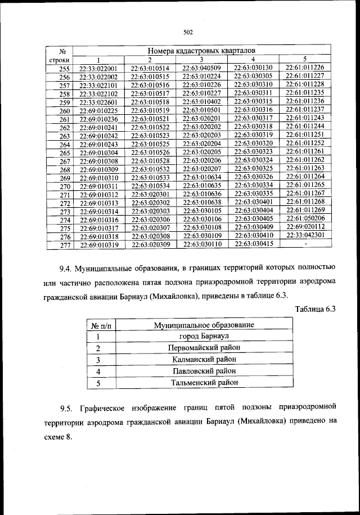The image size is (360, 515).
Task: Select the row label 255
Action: pos(65,69)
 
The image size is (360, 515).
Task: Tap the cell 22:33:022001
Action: pos(98,69)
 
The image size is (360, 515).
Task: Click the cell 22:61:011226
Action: pos(305,68)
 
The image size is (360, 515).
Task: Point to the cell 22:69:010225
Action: pos(98,111)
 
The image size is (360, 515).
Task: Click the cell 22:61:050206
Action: pos(305,218)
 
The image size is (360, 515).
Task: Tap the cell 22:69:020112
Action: pos(305,227)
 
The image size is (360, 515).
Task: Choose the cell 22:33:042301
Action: pos(305,236)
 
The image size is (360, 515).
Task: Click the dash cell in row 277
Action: pos(305,245)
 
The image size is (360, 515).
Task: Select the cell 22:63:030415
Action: pos(253,244)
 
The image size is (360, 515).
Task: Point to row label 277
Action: pos(65,246)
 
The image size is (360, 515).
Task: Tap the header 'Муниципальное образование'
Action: pos(204,325)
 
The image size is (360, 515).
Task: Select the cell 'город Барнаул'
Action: pos(204,336)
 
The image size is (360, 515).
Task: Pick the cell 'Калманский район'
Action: pos(204,359)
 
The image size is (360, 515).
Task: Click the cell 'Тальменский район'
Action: pos(204,383)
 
